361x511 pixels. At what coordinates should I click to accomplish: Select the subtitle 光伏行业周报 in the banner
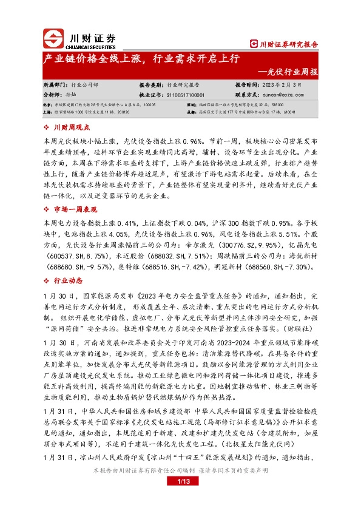(x=292, y=72)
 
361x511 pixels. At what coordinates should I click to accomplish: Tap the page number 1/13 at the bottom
(x=180, y=482)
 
